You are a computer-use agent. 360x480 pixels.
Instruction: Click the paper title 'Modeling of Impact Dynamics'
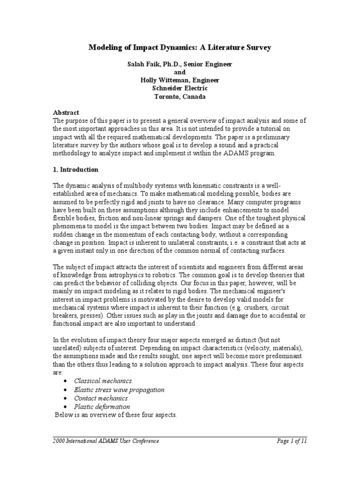(x=180, y=47)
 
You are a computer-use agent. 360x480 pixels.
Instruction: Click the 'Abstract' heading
(x=66, y=112)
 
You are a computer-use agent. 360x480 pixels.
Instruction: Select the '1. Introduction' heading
(x=75, y=169)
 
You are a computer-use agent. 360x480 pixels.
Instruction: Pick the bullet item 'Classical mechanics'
(x=103, y=381)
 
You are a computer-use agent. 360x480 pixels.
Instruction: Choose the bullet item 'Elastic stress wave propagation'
(x=119, y=390)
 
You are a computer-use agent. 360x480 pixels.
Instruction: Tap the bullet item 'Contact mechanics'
(x=101, y=398)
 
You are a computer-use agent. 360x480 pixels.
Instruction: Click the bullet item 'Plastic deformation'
(x=102, y=406)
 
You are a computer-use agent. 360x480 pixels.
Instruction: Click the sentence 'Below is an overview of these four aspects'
(x=116, y=415)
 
